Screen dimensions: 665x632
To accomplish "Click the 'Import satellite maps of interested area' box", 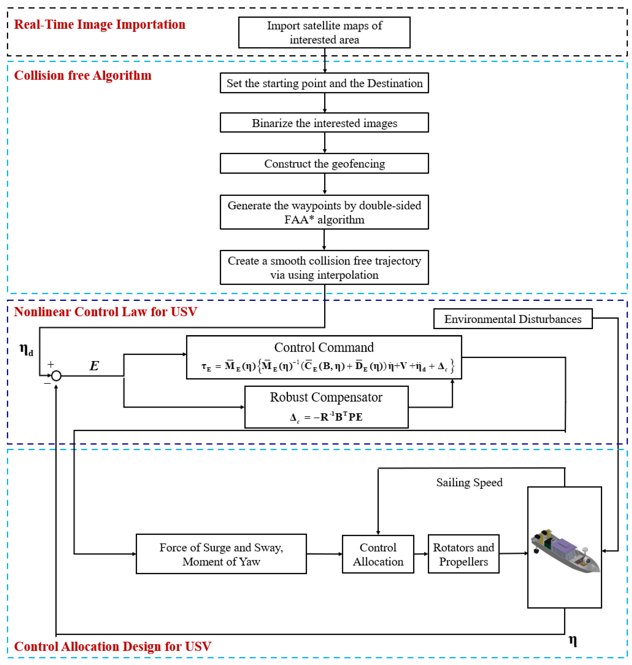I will coord(324,32).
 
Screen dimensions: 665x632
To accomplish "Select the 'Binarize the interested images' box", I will coord(324,123).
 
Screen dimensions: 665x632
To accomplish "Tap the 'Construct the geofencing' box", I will coord(324,163).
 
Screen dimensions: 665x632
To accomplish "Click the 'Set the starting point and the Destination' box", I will coord(324,83).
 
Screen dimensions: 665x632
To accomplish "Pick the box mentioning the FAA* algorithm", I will coord(324,212).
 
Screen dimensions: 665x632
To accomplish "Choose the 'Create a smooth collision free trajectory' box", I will coord(324,267).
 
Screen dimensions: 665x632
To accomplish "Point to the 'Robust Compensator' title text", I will coord(326,397).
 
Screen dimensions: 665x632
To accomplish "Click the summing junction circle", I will coord(56,375).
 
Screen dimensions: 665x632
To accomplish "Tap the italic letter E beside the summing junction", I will coord(94,366).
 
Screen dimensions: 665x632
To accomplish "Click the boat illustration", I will coord(565,551).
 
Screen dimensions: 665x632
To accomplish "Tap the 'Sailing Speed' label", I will coord(469,482).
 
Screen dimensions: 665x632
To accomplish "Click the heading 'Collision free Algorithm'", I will coord(83,75).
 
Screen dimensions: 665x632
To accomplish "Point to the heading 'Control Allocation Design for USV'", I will coord(113,646).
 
